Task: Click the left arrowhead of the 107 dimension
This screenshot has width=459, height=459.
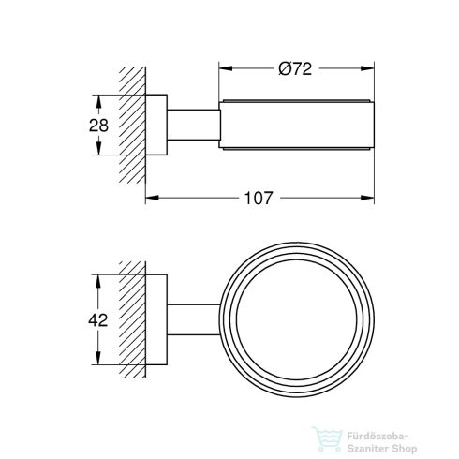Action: click(x=151, y=198)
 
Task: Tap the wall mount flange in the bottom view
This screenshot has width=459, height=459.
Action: click(x=157, y=319)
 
